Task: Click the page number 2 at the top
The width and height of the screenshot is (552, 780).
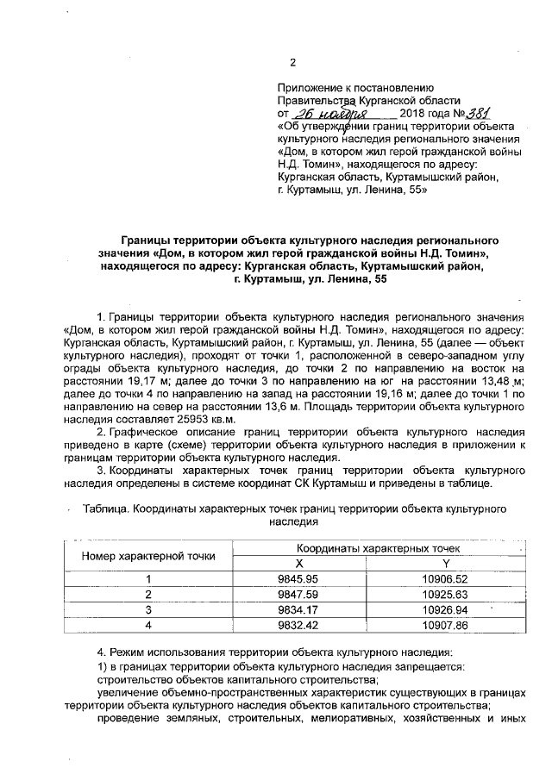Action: (292, 63)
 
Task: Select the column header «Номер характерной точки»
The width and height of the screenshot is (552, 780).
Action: (147, 556)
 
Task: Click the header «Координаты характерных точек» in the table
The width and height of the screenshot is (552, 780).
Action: (378, 548)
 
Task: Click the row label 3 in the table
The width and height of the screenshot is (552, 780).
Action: (147, 610)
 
